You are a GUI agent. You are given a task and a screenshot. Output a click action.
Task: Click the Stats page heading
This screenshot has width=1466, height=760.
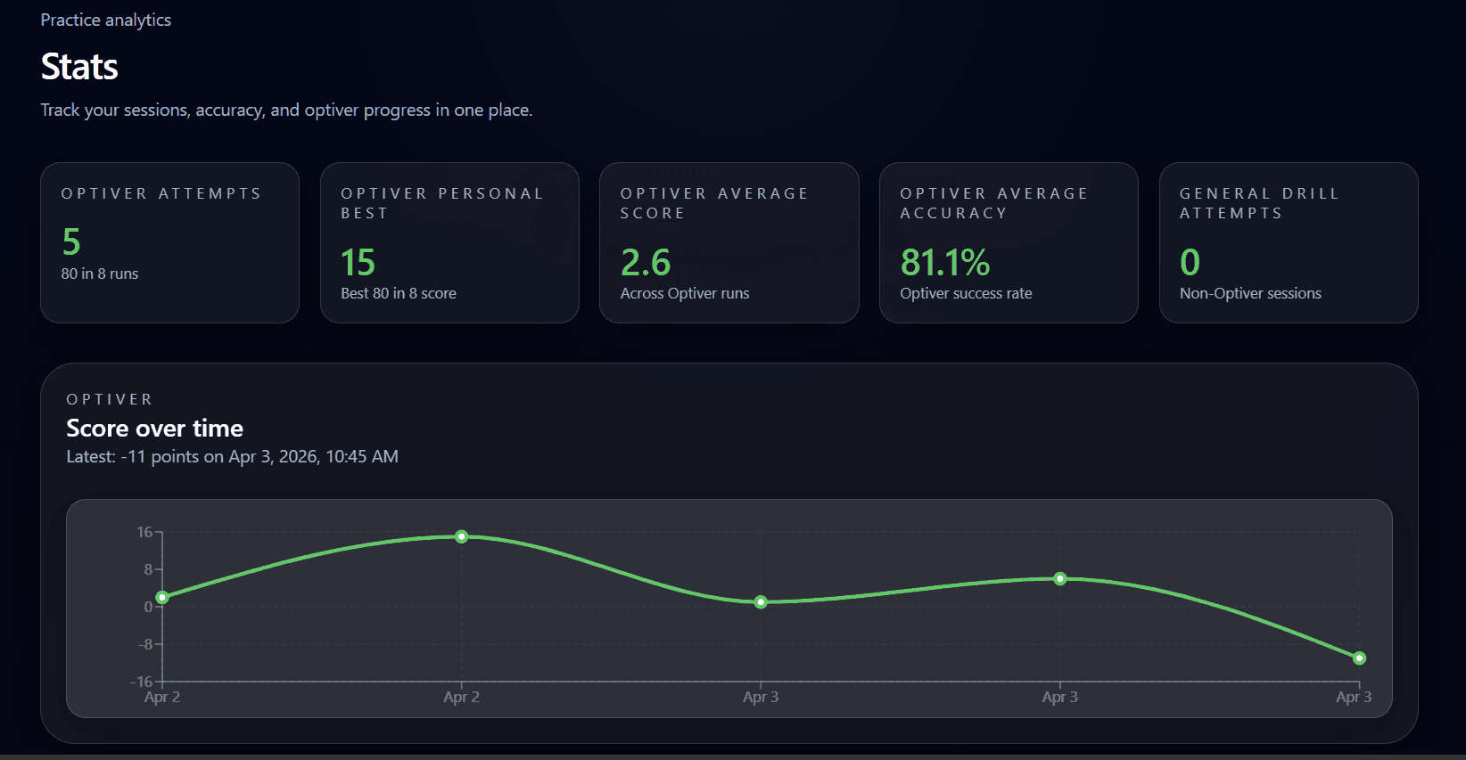coord(79,67)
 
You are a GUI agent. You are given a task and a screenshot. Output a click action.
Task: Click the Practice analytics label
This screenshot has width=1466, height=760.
coord(105,20)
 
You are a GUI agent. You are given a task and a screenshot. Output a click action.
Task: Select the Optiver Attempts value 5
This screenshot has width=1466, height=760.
coord(71,241)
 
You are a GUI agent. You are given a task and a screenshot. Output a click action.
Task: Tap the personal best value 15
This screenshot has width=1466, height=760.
coord(358,262)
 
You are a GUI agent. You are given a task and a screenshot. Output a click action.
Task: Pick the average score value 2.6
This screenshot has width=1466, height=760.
coord(645,262)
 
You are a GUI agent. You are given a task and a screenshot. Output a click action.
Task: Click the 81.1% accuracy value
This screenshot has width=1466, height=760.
coord(944,262)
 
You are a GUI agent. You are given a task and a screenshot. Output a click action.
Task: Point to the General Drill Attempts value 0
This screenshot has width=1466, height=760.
coord(1190,262)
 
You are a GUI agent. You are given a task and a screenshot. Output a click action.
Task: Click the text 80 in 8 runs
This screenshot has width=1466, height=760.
coord(100,274)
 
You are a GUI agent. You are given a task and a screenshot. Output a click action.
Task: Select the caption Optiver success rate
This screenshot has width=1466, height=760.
coord(966,293)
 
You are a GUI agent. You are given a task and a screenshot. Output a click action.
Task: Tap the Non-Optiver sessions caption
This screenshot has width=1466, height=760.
coord(1250,293)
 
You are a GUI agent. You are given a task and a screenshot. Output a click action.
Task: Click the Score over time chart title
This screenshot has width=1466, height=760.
coord(154,429)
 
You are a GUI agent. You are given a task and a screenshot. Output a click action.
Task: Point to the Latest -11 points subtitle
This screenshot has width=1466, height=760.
coord(232,456)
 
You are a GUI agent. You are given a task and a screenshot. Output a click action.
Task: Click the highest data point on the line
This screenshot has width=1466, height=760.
coord(461,536)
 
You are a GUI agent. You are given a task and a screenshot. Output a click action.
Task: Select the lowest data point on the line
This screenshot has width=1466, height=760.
coord(1359,658)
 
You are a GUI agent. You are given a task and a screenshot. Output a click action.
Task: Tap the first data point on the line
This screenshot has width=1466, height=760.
coord(162,598)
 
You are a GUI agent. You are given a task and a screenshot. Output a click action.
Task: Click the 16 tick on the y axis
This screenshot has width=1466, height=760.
coord(144,532)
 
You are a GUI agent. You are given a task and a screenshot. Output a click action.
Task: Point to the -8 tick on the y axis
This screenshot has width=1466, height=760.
coord(145,644)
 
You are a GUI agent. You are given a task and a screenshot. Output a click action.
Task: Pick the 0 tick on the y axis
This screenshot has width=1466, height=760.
coord(148,607)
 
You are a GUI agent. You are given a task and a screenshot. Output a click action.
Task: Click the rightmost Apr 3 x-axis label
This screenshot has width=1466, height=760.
coord(1354,697)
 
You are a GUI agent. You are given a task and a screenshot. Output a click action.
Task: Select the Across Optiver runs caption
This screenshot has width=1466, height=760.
coord(685,293)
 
